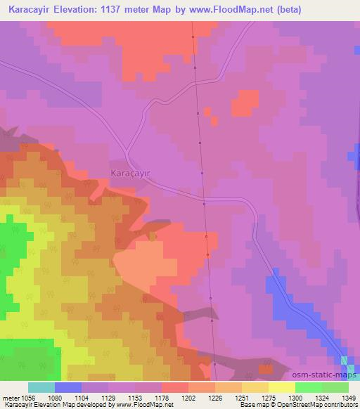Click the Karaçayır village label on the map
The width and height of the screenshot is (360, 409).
(x=131, y=171)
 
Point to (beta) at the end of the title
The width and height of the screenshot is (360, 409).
(x=291, y=10)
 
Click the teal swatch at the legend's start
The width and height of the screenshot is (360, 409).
(x=41, y=387)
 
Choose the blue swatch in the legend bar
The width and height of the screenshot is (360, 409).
(x=68, y=387)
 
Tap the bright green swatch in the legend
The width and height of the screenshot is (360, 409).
(x=309, y=387)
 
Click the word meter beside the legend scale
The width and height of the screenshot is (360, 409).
(x=10, y=397)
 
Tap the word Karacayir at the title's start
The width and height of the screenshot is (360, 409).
(x=26, y=10)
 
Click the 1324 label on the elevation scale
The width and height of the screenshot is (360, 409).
(x=323, y=397)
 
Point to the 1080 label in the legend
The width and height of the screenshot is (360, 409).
(x=56, y=397)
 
